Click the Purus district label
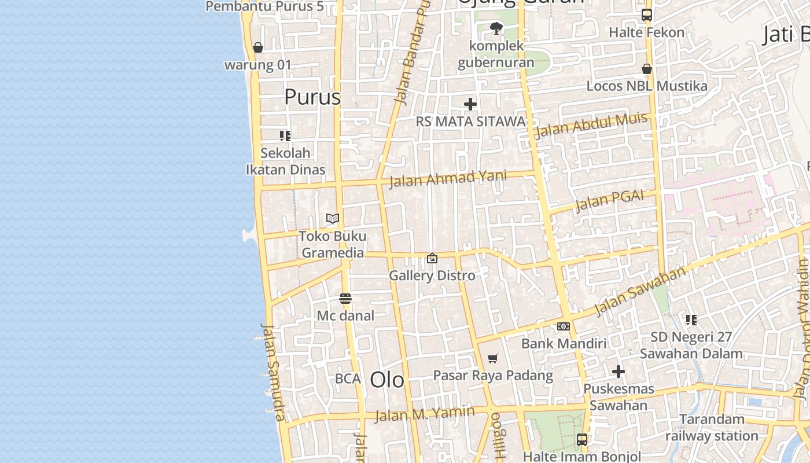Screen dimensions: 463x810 coord(312,97)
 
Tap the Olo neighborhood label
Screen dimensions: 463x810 coord(387,380)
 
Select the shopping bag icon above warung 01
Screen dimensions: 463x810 coord(258,47)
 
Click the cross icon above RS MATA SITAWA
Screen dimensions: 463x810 coord(470,104)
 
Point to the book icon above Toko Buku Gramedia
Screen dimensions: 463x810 coord(332,218)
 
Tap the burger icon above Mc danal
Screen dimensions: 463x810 coord(345,299)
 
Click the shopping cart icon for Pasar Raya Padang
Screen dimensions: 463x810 coord(492,359)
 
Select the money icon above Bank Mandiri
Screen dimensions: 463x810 coord(564,326)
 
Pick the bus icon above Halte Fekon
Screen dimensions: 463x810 coord(646,15)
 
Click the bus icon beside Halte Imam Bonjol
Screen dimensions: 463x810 coord(582,440)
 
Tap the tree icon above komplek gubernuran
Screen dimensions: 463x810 coord(496,28)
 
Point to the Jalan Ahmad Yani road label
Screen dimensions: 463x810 coord(448,178)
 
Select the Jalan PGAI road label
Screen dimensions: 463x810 coord(609,200)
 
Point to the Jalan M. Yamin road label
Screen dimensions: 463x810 coord(425,414)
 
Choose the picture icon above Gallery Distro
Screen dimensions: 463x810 coord(432,258)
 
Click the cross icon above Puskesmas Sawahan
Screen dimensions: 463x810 coord(618,372)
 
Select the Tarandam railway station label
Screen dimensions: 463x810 coord(712,427)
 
